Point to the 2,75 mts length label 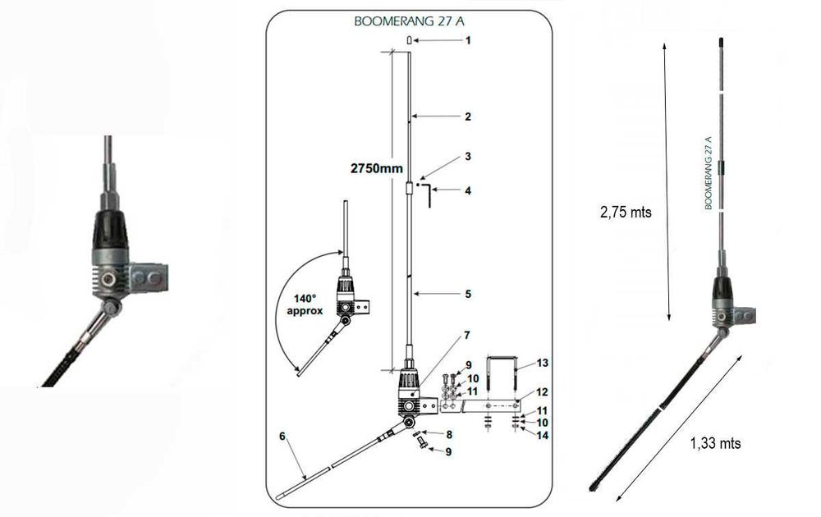tap(625, 211)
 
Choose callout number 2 tap(467, 117)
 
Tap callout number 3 tap(467, 156)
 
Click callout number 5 tap(467, 293)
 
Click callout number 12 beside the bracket tap(543, 392)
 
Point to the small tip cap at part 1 tap(408, 40)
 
